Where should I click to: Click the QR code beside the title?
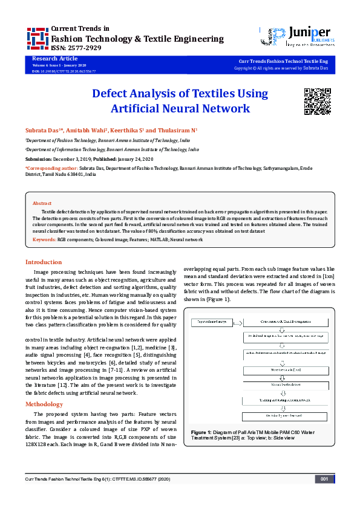click(315, 100)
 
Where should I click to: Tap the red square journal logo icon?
click(38, 38)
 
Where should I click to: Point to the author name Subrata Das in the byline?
click(40, 130)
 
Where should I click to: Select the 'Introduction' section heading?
click(43, 262)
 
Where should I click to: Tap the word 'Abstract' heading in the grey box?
click(42, 204)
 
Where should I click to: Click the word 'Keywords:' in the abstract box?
click(44, 240)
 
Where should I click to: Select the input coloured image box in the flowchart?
click(211, 322)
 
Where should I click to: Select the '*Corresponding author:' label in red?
click(51, 167)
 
